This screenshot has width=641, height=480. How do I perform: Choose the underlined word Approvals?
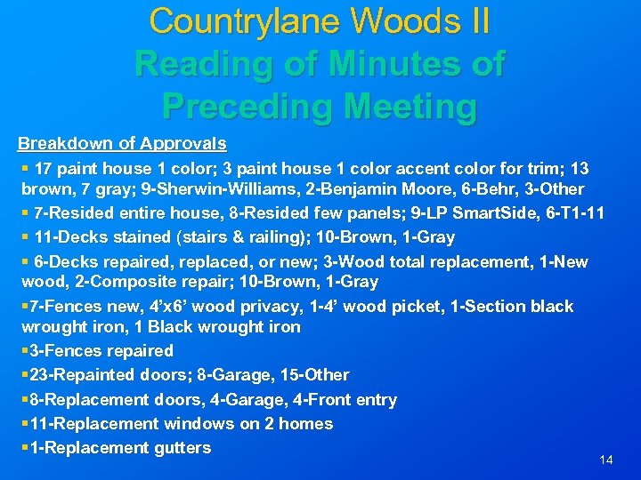pyautogui.click(x=182, y=143)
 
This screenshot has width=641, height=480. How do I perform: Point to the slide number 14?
pyautogui.click(x=606, y=460)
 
